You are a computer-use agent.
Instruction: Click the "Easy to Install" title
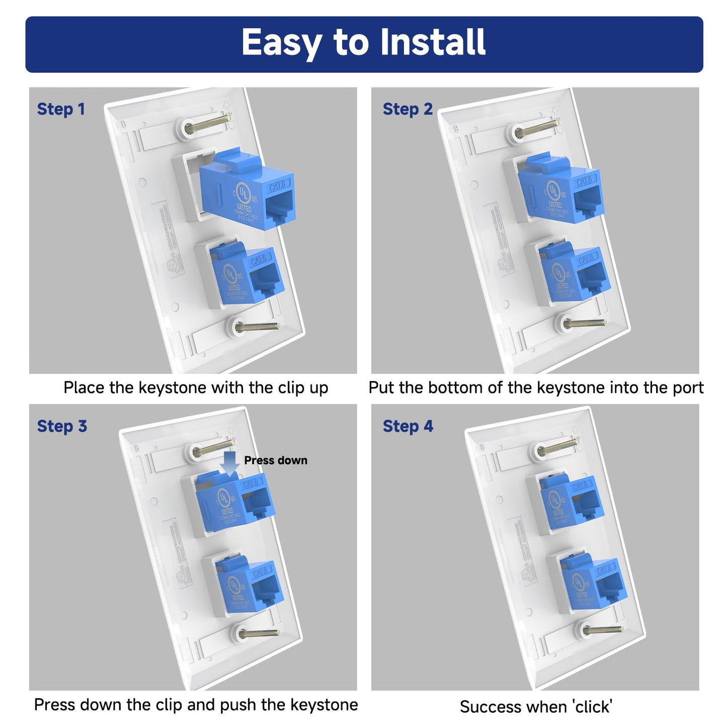363,42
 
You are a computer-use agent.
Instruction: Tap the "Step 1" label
61,109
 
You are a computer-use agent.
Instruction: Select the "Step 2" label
407,109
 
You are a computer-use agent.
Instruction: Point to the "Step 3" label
62,426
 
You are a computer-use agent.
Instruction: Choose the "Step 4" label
407,426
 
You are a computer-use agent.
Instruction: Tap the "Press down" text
275,460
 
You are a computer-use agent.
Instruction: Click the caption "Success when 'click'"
535,706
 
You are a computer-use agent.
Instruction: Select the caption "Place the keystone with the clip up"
196,388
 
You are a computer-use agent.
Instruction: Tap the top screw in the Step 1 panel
206,125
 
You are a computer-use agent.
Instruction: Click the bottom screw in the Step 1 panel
256,327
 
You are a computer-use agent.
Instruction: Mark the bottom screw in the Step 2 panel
583,323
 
